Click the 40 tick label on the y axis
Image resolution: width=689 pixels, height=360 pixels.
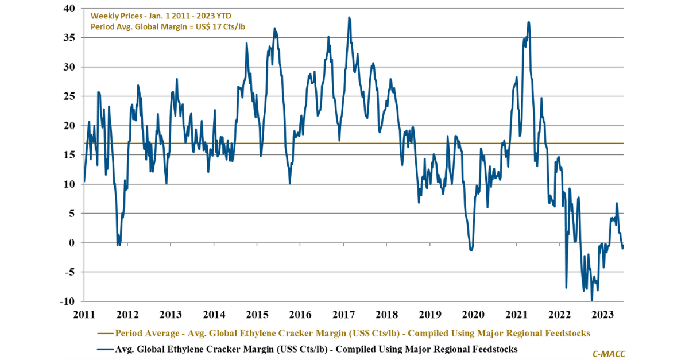(69, 9)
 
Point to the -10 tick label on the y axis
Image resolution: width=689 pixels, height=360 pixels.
(67, 301)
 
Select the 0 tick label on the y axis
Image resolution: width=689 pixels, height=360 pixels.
(71, 243)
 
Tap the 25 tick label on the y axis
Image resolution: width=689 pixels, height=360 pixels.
(69, 96)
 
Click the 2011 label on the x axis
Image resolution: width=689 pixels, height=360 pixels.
(84, 315)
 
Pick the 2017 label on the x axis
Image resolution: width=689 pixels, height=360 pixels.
(343, 315)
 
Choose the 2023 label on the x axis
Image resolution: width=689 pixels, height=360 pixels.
(603, 315)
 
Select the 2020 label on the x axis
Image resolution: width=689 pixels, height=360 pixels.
(473, 315)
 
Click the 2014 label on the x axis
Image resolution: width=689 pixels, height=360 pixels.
(214, 315)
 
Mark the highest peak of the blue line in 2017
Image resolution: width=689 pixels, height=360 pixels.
(349, 18)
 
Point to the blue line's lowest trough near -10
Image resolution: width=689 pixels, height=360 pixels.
(591, 300)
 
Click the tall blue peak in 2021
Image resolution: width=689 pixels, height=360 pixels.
(528, 22)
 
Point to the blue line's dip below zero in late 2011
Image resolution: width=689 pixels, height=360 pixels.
(118, 245)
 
